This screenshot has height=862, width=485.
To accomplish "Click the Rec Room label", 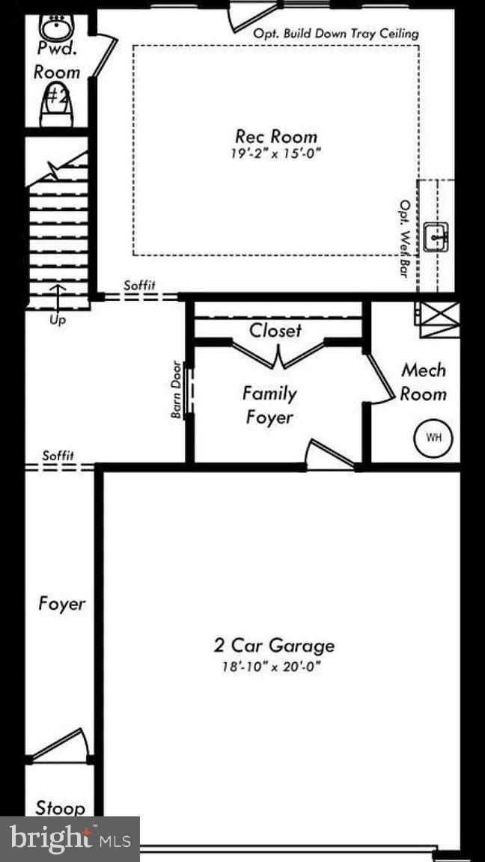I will click(275, 136).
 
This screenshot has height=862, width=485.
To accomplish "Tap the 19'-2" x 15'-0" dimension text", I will click(275, 156).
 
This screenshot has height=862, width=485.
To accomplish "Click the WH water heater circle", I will click(433, 437).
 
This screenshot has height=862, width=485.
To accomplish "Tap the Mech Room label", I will click(423, 382).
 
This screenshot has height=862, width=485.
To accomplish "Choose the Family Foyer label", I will click(270, 405).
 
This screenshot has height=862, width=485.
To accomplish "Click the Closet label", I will click(275, 330).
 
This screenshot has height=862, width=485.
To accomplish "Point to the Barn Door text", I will click(177, 389).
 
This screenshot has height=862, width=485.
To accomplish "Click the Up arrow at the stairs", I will click(58, 299).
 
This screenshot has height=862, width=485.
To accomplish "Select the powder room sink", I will click(55, 28).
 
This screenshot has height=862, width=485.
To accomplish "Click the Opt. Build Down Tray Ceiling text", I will click(335, 34).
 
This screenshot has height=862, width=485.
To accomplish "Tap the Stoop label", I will click(60, 808).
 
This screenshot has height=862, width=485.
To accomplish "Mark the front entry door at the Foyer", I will click(60, 745).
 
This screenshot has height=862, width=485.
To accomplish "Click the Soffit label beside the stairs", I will click(139, 284).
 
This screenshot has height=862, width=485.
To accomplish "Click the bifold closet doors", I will click(278, 355).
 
